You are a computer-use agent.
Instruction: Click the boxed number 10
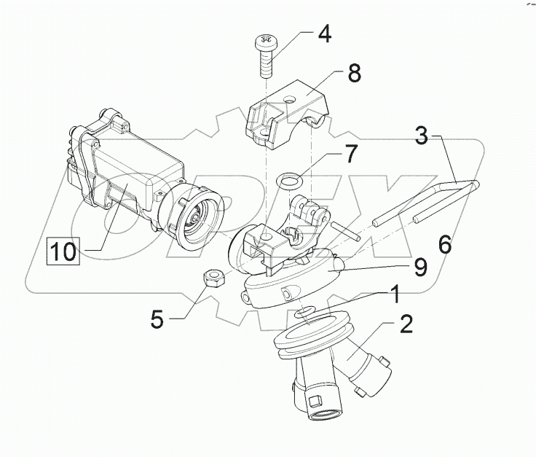click(63, 251)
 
